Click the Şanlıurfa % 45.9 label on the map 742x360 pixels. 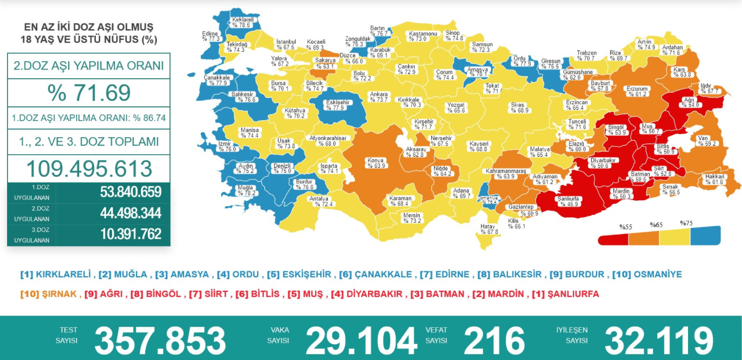568,201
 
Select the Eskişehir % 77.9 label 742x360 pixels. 337,105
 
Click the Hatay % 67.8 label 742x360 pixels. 489,229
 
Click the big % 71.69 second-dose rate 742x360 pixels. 89,93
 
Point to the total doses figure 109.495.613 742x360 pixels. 89,168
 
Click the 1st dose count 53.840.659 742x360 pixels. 131,192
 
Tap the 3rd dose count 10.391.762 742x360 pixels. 131,234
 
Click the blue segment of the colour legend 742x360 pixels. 705,234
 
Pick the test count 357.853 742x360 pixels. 160,341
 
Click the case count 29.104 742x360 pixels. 361,341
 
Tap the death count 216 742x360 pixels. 494,341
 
